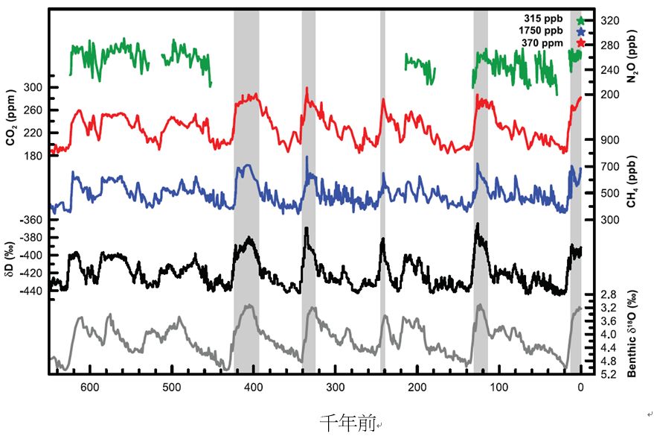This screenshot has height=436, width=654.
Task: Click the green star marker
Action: click(x=581, y=19)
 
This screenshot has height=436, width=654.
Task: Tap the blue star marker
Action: click(x=581, y=31)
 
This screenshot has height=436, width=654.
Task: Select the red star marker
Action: click(x=581, y=43)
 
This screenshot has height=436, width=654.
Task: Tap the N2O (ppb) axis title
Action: click(x=632, y=57)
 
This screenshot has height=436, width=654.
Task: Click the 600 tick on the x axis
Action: click(x=90, y=388)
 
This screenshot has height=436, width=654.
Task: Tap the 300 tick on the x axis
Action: click(x=336, y=388)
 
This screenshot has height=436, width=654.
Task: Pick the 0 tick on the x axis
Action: click(x=581, y=388)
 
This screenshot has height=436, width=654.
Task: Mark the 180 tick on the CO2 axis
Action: click(x=35, y=156)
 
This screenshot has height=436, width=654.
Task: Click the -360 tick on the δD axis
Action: click(x=32, y=220)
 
